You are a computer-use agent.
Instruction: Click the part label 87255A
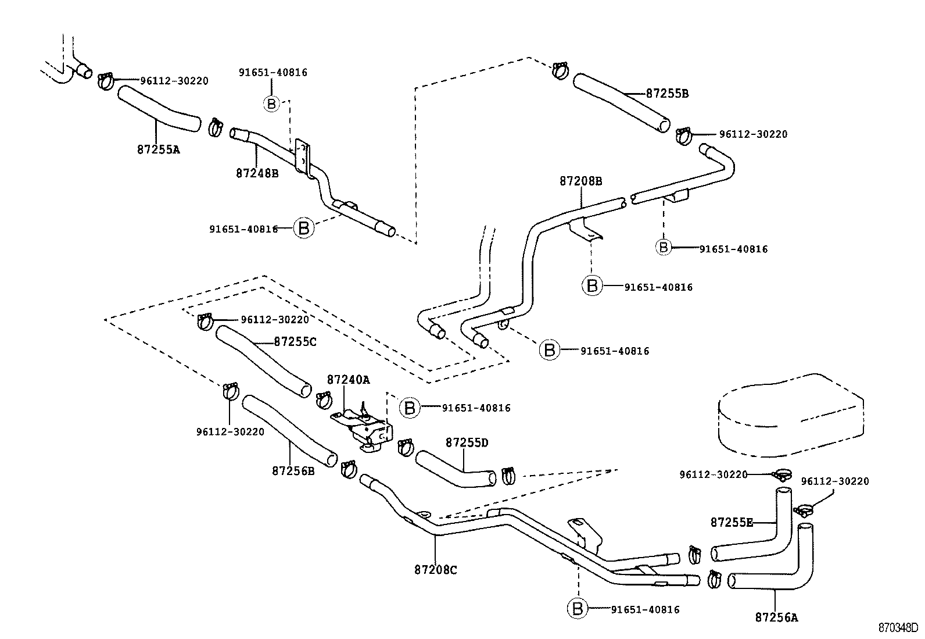[159, 149]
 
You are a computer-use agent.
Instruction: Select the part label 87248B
[257, 173]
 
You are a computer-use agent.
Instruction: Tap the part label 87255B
[667, 93]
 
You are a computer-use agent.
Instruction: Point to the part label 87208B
[581, 181]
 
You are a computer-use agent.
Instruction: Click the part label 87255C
[295, 342]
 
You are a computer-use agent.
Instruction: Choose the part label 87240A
[348, 380]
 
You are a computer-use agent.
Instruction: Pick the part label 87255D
[467, 442]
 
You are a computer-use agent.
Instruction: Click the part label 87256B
[293, 470]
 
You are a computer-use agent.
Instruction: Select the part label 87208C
[436, 570]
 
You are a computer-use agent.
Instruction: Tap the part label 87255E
[732, 522]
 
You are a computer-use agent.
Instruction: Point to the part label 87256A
[776, 617]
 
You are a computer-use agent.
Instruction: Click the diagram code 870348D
[898, 628]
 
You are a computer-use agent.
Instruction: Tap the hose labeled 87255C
[263, 361]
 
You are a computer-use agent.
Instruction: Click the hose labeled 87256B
[289, 430]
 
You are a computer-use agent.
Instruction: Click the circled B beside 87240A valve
[410, 408]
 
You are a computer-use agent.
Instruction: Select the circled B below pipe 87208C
[578, 609]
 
